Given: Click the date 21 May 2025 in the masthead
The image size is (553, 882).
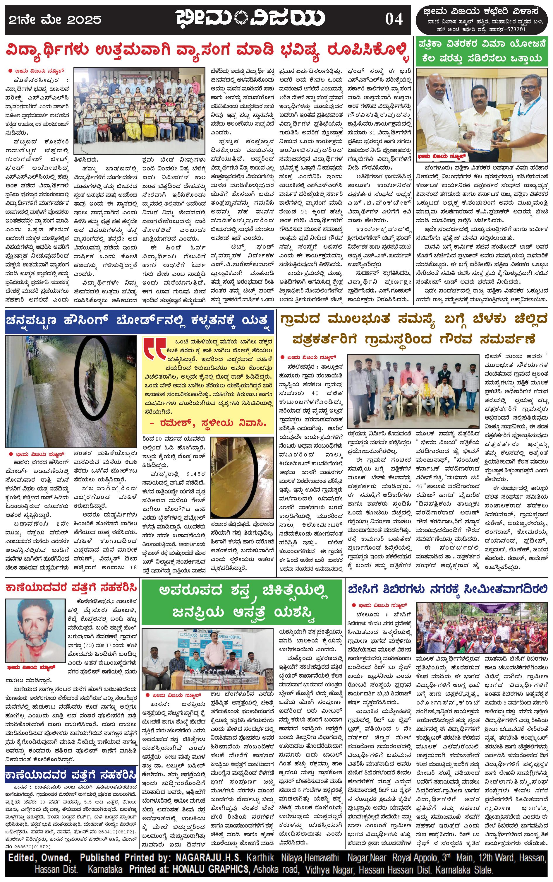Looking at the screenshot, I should click(55, 19).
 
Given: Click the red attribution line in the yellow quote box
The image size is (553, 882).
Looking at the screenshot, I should click(208, 423).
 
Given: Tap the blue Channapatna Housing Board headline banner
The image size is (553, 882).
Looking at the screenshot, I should click(139, 321).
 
